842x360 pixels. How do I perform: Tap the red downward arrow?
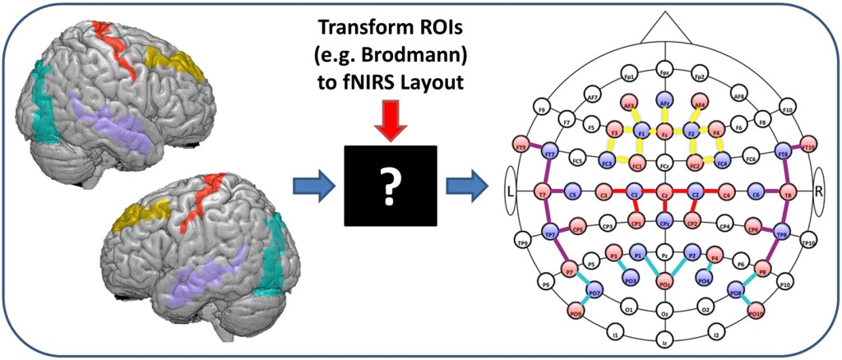390,123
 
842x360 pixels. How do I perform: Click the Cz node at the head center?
664,195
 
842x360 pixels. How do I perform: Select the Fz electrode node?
664,132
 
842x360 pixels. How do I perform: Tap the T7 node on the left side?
544,195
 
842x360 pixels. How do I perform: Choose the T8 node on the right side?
786,195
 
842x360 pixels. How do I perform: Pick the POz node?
664,284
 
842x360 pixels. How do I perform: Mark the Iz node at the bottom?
664,339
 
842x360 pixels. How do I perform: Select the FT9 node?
520,146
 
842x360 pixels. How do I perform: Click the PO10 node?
756,312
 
